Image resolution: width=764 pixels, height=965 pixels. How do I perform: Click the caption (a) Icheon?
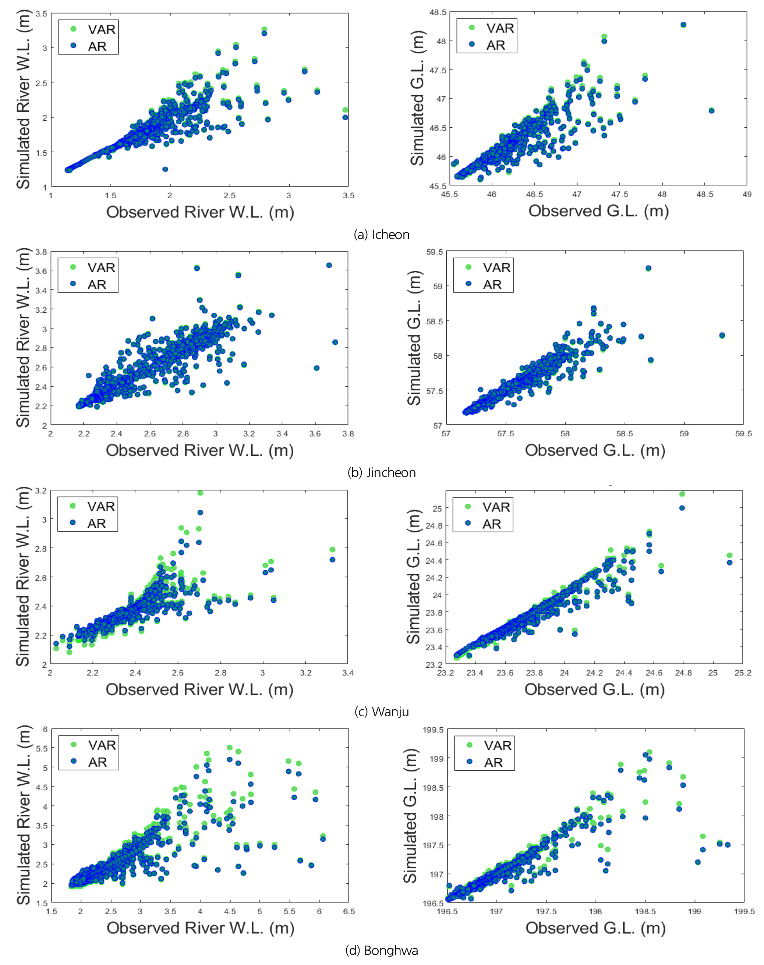pyautogui.click(x=382, y=234)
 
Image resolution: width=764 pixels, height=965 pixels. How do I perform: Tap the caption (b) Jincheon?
pyautogui.click(x=382, y=473)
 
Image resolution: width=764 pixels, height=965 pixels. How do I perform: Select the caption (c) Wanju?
pyautogui.click(x=382, y=712)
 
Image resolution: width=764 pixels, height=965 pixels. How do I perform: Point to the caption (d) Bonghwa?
pyautogui.click(x=382, y=950)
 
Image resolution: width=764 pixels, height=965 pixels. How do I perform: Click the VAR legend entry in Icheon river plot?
pyautogui.click(x=93, y=29)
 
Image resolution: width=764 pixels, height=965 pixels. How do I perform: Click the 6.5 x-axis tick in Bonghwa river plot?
pyautogui.click(x=349, y=911)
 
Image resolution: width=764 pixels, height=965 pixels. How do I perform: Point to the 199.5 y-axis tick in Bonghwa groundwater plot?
pyautogui.click(x=433, y=730)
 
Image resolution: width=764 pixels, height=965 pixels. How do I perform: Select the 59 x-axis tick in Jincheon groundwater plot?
pyautogui.click(x=684, y=434)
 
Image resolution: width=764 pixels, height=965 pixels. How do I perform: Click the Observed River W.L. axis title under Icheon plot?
pyautogui.click(x=200, y=212)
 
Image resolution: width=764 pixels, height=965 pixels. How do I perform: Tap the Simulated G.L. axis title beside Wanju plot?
pyautogui.click(x=413, y=577)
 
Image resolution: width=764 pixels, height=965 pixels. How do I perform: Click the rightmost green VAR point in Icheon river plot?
pyautogui.click(x=345, y=110)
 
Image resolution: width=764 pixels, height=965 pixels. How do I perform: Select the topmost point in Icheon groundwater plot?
pyautogui.click(x=683, y=25)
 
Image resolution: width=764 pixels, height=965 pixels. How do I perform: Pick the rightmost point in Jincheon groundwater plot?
pyautogui.click(x=722, y=336)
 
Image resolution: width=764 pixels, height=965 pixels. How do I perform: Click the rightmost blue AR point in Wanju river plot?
pyautogui.click(x=332, y=560)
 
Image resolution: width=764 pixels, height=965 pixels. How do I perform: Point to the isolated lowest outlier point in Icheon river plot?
pyautogui.click(x=165, y=169)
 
